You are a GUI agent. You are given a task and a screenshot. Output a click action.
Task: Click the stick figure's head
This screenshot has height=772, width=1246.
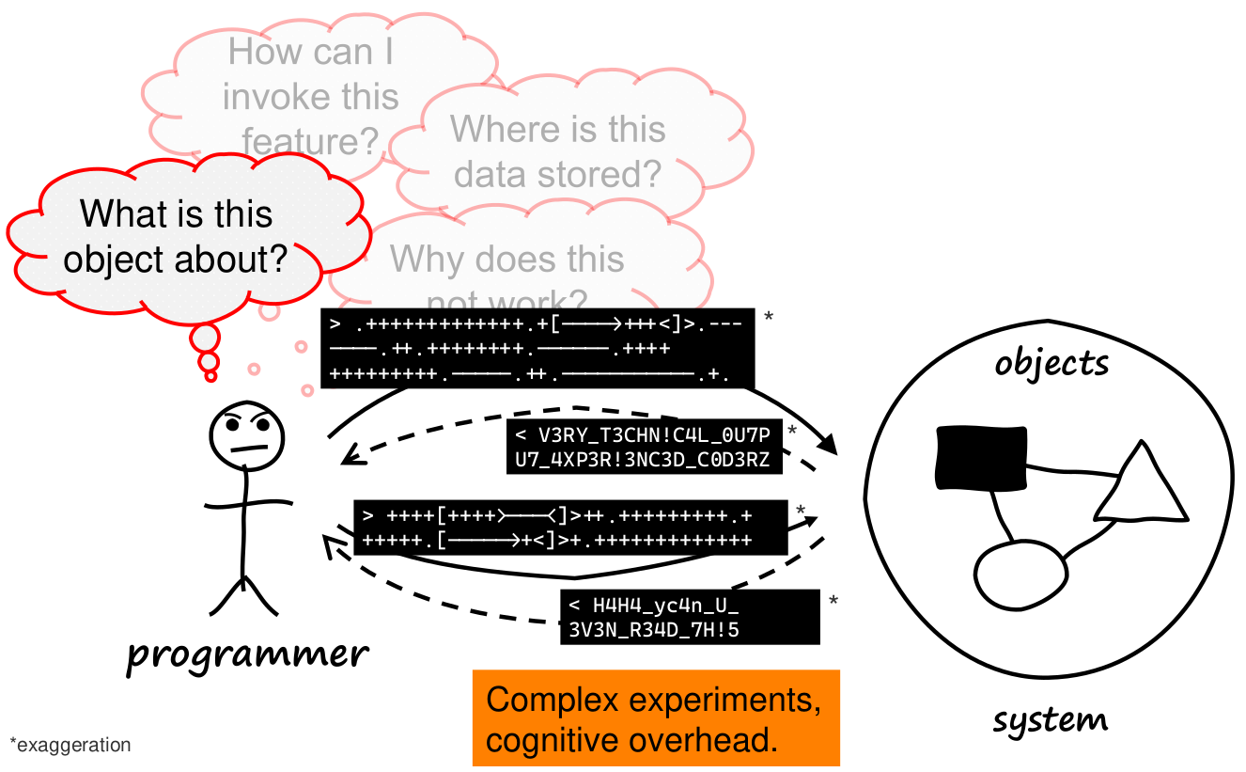246,434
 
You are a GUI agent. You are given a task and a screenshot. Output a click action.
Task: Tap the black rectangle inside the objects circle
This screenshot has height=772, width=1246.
980,457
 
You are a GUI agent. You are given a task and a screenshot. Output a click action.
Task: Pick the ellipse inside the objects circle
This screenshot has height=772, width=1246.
1020,574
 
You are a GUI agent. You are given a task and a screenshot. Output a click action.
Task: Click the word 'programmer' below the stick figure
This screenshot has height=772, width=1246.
247,654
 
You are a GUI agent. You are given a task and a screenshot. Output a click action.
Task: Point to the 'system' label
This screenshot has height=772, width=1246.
1050,721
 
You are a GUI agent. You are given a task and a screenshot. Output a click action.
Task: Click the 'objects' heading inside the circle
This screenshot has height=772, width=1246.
1051,363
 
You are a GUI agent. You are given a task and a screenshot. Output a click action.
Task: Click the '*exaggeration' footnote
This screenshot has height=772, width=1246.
70,746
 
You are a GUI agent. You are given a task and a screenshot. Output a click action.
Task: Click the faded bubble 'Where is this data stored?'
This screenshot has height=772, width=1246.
558,151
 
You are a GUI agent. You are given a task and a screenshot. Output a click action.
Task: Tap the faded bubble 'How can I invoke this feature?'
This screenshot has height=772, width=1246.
310,96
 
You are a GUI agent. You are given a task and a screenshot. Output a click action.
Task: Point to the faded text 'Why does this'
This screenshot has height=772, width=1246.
507,260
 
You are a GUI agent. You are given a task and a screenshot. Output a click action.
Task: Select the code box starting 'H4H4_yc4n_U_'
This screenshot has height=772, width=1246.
689,618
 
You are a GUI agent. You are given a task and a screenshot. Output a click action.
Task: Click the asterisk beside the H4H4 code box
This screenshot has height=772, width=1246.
833,601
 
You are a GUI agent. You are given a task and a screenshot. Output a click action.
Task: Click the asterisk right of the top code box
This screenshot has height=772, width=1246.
768,318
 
